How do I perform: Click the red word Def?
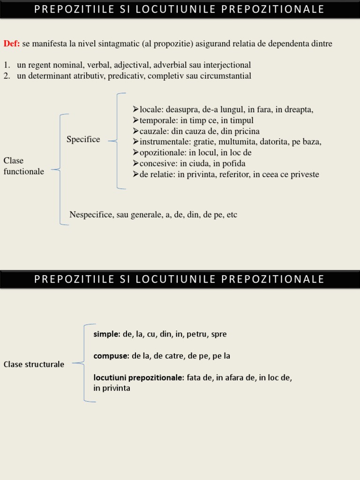(11, 44)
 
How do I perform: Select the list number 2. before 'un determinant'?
(7, 76)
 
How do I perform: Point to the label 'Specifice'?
(83, 140)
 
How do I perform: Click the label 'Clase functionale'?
(23, 166)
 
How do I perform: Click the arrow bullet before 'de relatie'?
(136, 174)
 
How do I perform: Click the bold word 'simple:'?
(107, 334)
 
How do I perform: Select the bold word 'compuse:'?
(111, 356)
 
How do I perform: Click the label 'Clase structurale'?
(34, 364)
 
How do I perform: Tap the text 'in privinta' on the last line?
(112, 388)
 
